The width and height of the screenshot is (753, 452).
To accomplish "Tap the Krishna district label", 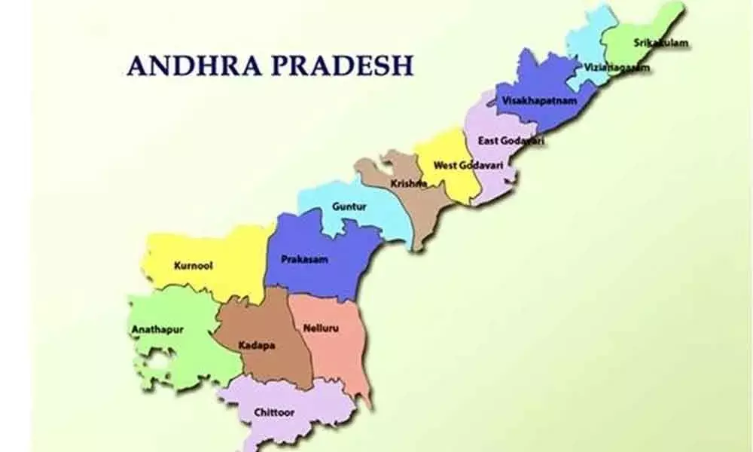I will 409,183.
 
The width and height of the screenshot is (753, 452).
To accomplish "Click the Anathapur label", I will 157,329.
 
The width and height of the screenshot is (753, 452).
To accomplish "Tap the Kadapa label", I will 256,346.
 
